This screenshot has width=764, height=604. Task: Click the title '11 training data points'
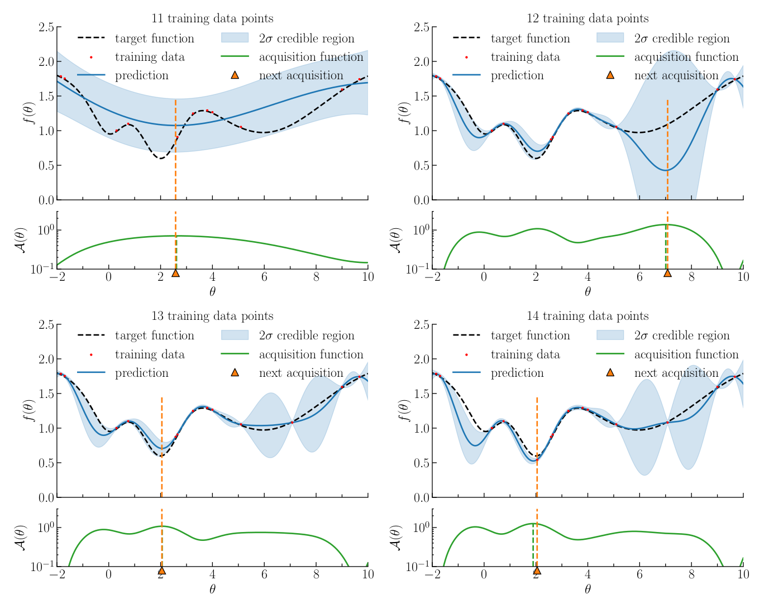pyautogui.click(x=212, y=18)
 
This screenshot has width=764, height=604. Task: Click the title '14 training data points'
pyautogui.click(x=588, y=316)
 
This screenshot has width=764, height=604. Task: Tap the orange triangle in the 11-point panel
pyautogui.click(x=176, y=273)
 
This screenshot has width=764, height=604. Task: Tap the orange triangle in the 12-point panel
pyautogui.click(x=667, y=273)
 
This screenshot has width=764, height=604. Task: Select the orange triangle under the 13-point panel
pyautogui.click(x=161, y=571)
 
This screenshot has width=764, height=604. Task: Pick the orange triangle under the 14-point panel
pyautogui.click(x=537, y=571)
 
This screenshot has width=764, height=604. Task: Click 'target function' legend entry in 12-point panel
pyautogui.click(x=530, y=39)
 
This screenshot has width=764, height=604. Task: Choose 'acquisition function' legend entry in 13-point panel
pyautogui.click(x=311, y=354)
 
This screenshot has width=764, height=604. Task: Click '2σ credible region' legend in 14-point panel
pyautogui.click(x=681, y=335)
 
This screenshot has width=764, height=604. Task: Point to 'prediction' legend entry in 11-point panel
pyautogui.click(x=141, y=75)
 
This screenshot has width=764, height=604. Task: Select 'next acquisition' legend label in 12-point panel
pyautogui.click(x=676, y=75)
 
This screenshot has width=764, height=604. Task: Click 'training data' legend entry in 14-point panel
pyautogui.click(x=525, y=354)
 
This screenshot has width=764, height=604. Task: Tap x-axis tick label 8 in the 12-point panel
pyautogui.click(x=691, y=276)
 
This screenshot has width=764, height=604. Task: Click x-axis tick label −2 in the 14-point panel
pyautogui.click(x=432, y=574)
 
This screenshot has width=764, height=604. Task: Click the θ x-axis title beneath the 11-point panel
pyautogui.click(x=212, y=291)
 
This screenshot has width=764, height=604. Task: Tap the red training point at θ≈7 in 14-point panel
pyautogui.click(x=667, y=422)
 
